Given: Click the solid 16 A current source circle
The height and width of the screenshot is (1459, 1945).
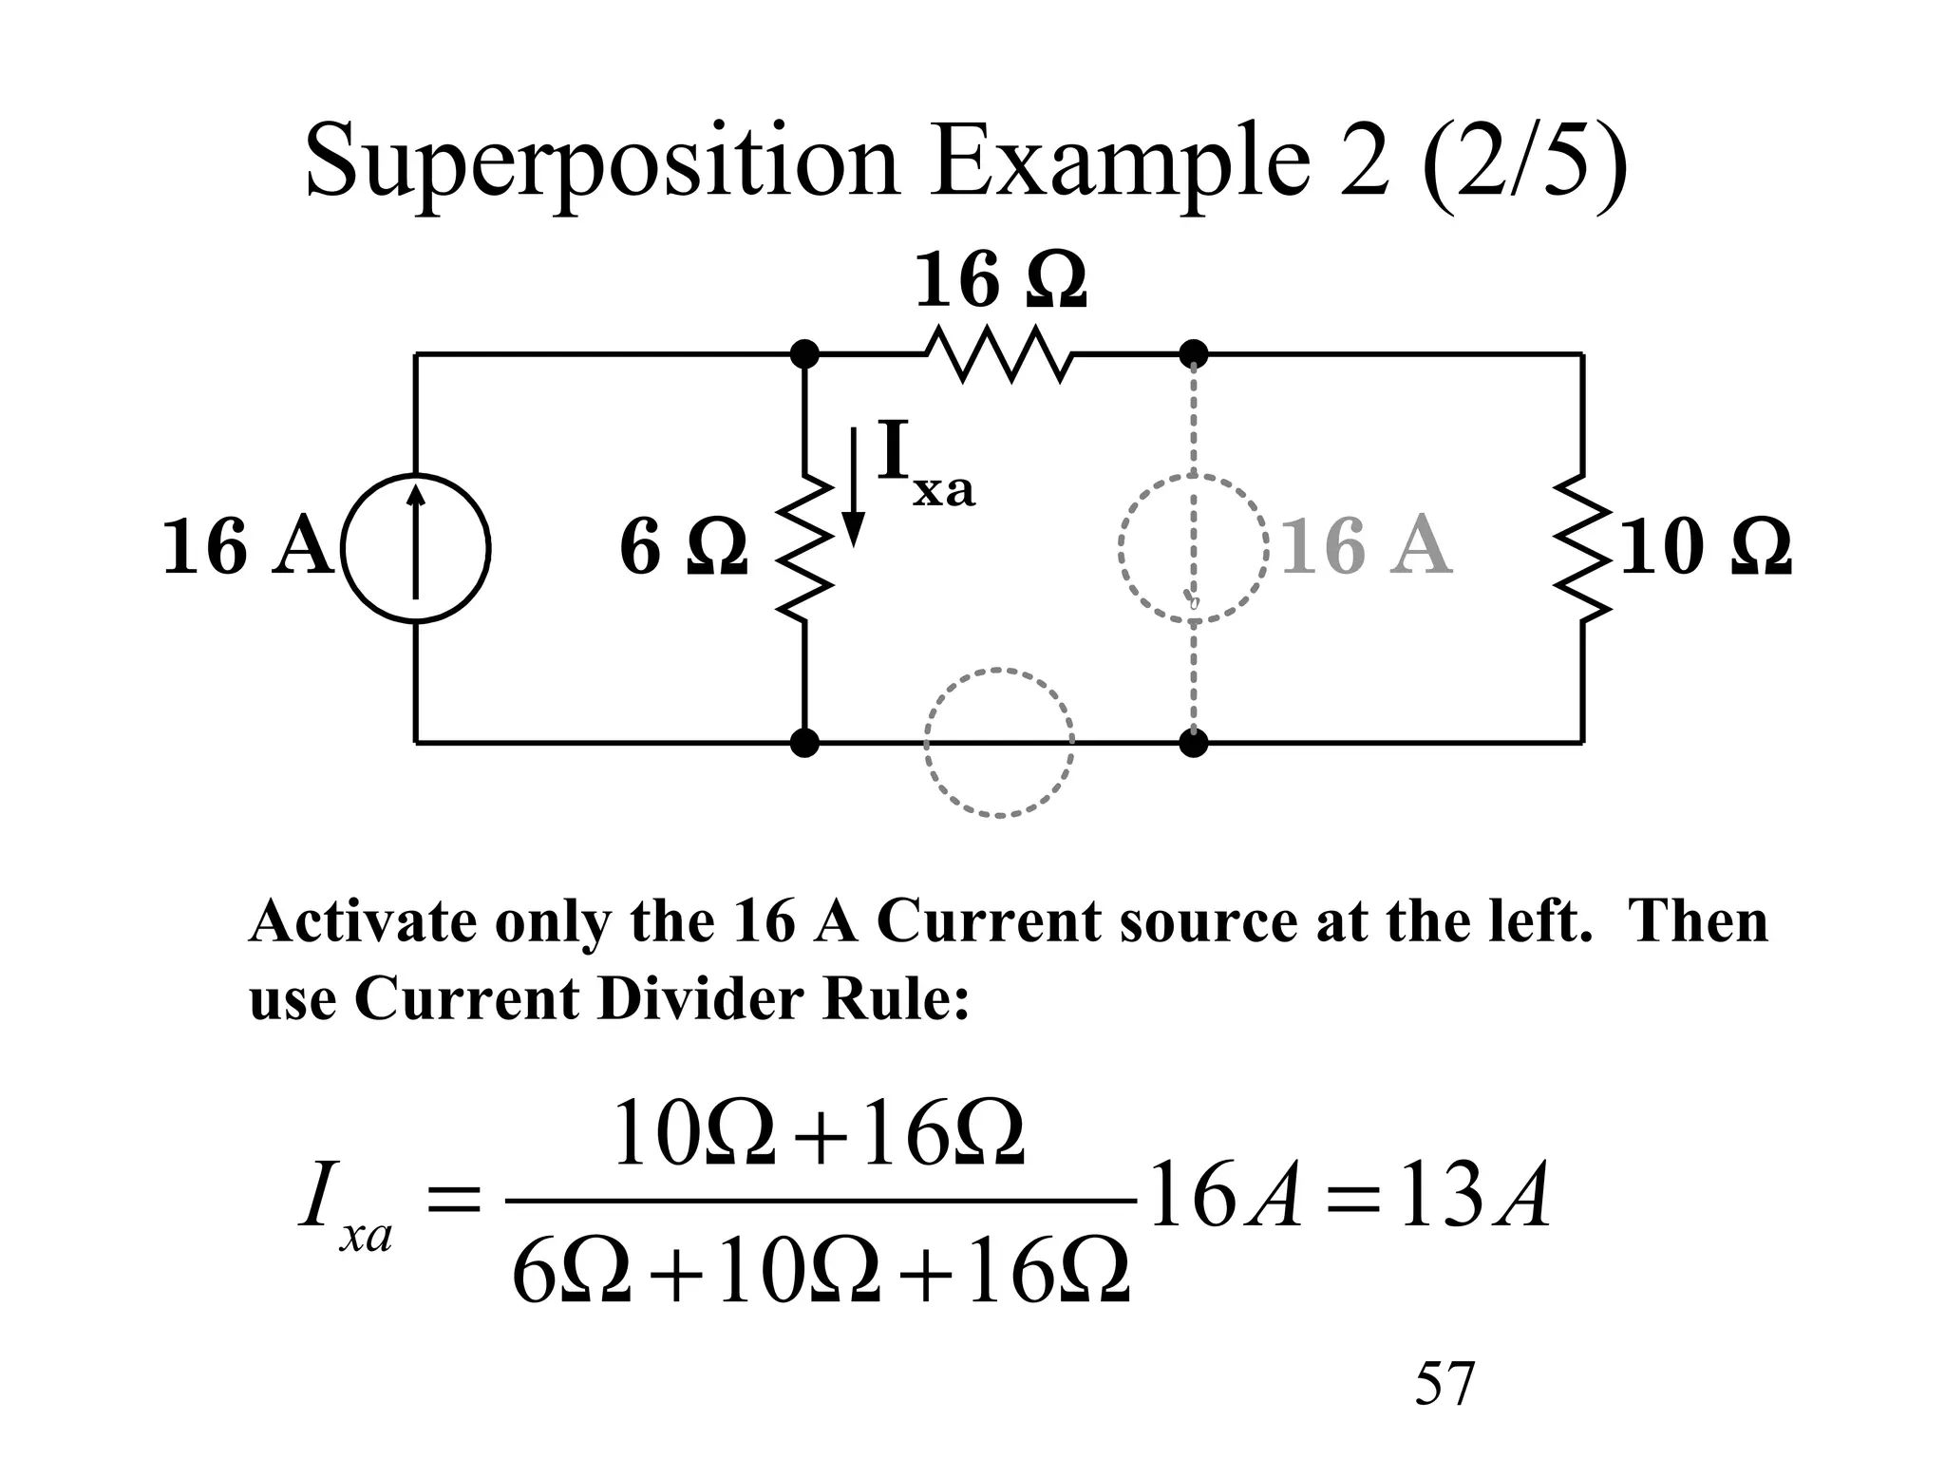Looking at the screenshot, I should pos(415,548).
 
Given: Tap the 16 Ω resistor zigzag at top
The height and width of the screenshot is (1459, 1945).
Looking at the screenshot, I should pos(999,355).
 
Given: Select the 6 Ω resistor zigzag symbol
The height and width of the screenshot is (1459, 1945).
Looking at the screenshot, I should pos(805,548).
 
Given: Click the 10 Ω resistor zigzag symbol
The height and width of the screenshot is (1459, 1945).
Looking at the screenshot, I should pos(1582,548).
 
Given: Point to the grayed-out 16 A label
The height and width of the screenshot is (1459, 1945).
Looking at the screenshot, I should pos(1367,548).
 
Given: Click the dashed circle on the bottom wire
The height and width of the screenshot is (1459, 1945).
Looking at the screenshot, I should pos(999,742).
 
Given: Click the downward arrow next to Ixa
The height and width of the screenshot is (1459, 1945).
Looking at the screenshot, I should pos(854,487).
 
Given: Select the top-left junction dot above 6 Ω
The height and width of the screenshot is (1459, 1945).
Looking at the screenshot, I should pos(804,354).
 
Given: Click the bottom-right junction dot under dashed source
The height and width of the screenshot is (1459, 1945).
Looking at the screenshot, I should pos(1194,742).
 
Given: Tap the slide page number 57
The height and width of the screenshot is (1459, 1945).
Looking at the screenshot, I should pos(1445,1384).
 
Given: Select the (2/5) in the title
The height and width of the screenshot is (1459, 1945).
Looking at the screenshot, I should pos(1524,161).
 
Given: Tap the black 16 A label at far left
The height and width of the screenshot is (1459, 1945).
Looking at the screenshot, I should pos(247,548).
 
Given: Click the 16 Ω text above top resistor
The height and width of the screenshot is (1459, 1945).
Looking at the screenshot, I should pos(999,281).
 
